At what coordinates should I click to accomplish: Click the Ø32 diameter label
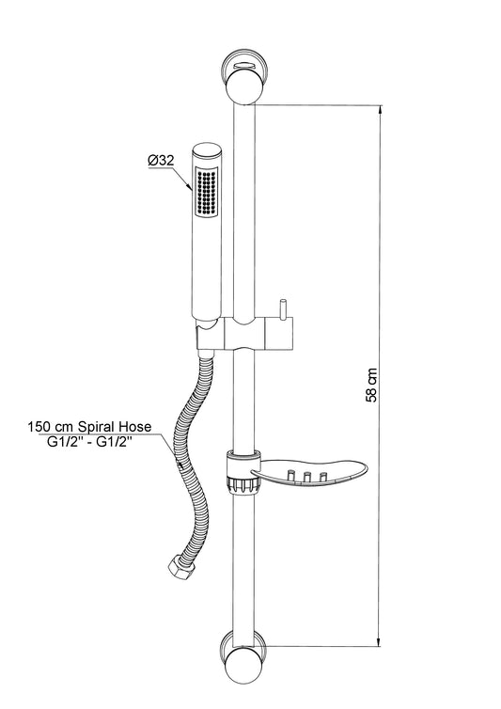pos(161,161)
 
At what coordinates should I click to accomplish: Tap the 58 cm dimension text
pos(371,385)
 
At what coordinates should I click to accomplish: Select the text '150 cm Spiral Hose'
pos(89,427)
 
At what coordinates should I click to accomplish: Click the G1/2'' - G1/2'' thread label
pos(89,443)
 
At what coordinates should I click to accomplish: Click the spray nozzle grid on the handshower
pos(207,191)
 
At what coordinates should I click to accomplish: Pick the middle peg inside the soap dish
pos(306,477)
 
